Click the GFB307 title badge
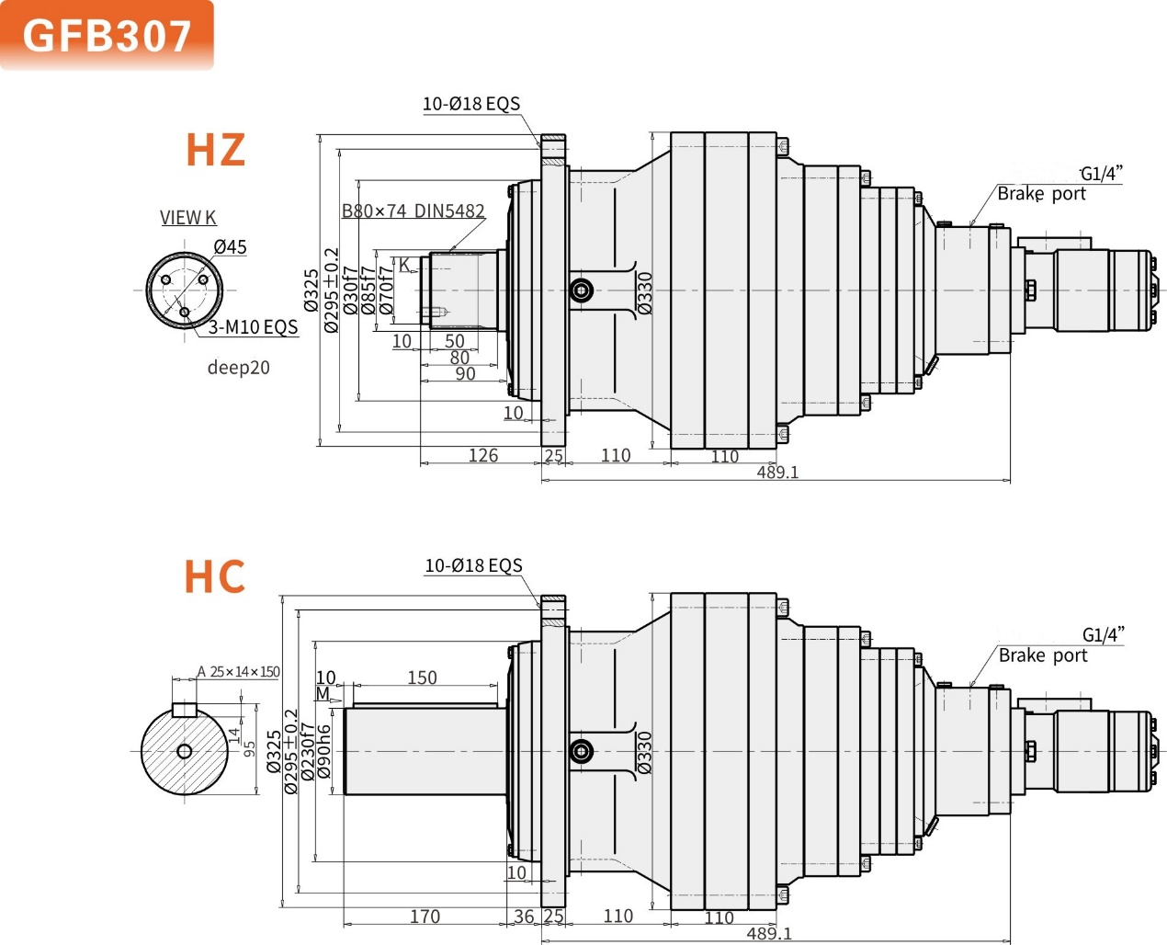click(x=107, y=35)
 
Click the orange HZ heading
click(x=216, y=150)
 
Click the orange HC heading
click(x=215, y=576)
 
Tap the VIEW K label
click(x=187, y=218)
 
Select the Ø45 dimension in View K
click(x=230, y=247)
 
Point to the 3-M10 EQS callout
click(x=253, y=327)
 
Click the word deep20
click(x=238, y=368)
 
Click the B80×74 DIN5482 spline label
click(x=413, y=211)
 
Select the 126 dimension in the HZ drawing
click(x=482, y=455)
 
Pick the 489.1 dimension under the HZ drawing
click(x=777, y=472)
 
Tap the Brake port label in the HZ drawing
click(x=1041, y=194)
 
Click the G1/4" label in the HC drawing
click(x=1103, y=634)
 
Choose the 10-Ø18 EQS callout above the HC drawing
click(x=473, y=565)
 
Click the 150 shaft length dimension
click(x=422, y=677)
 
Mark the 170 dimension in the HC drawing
click(x=425, y=917)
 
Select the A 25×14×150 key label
click(x=238, y=672)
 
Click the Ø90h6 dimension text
click(x=324, y=752)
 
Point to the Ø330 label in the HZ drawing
click(x=645, y=292)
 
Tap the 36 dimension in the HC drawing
click(x=524, y=917)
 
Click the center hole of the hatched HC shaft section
click(x=184, y=752)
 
